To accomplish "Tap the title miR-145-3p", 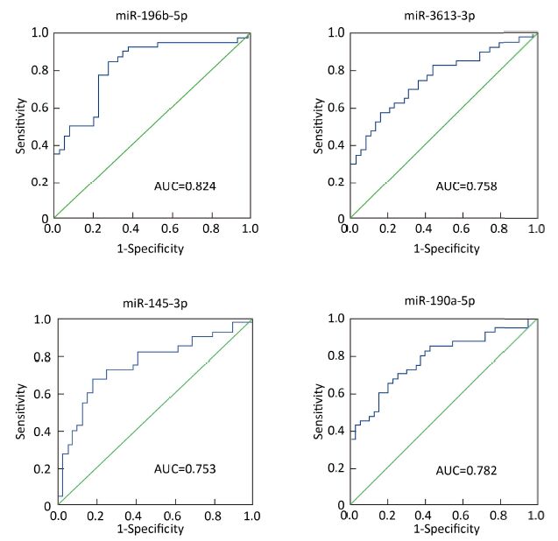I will coord(155,304).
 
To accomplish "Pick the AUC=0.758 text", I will coord(466,186).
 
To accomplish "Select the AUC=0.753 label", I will coord(184,469).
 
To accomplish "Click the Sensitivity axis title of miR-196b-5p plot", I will coord(20,126).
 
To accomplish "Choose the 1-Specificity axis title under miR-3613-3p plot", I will coord(446,249).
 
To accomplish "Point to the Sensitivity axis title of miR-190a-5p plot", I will coord(318,411).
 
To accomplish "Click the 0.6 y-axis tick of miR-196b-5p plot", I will coord(39,108).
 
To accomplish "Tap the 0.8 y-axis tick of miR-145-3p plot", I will coord(39,357).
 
